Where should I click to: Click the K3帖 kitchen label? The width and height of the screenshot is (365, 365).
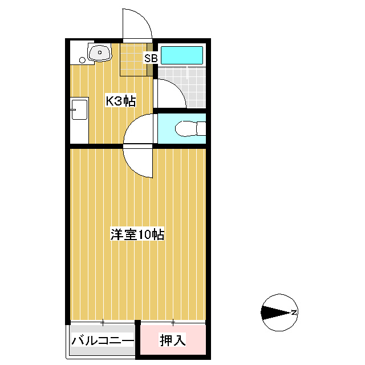point(120,101)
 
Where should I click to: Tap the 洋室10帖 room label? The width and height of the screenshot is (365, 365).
point(137,234)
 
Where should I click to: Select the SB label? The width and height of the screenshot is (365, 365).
point(151,58)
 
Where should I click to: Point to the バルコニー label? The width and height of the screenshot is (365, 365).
point(103,340)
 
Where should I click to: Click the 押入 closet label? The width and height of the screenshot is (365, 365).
point(173,340)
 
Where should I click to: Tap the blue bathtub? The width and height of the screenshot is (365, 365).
point(182,55)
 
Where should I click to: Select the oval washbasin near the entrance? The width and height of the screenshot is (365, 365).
point(100,52)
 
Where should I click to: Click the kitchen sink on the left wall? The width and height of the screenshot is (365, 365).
point(79,109)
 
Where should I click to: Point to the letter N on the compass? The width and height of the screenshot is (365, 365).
point(294,312)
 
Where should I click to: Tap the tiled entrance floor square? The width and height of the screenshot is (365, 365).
point(133,59)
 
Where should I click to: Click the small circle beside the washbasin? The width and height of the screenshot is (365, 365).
point(82,60)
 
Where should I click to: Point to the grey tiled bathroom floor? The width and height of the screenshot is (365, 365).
point(182,87)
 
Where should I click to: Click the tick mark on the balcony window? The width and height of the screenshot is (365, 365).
point(103,323)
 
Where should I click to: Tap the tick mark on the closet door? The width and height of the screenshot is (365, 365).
point(173,323)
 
